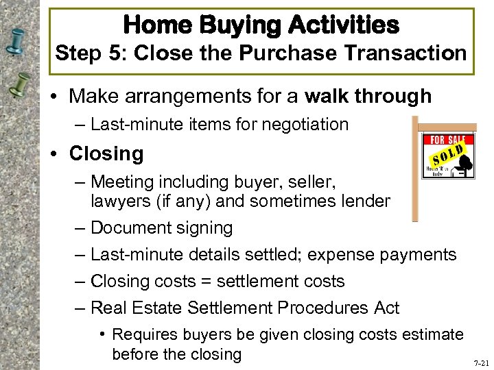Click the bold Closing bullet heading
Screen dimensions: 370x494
tap(106, 153)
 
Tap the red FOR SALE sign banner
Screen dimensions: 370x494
tap(446, 140)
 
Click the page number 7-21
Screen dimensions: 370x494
tap(480, 364)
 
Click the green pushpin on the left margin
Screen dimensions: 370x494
tap(21, 86)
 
